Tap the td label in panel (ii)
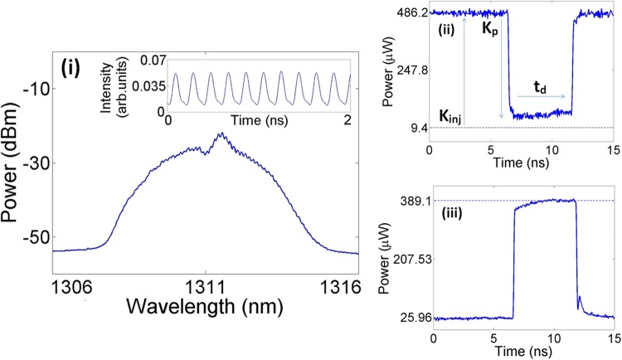[x=539, y=84]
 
